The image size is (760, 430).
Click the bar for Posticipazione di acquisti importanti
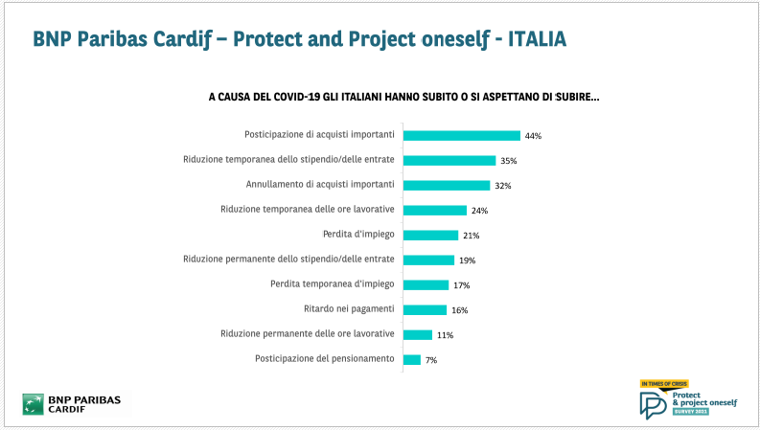click(x=461, y=136)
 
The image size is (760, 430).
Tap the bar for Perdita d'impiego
click(x=430, y=236)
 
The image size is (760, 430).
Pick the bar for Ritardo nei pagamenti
click(x=425, y=310)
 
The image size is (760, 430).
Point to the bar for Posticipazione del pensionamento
click(x=412, y=360)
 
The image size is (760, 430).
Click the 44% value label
click(x=533, y=136)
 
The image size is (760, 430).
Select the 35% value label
click(x=508, y=161)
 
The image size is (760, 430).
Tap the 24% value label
click(x=479, y=211)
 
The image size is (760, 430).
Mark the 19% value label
click(x=467, y=260)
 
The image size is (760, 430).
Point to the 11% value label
click(x=445, y=335)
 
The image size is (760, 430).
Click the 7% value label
click(x=431, y=360)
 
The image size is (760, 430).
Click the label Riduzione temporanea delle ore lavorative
click(x=308, y=211)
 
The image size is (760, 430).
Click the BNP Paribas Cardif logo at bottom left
click(x=77, y=402)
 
